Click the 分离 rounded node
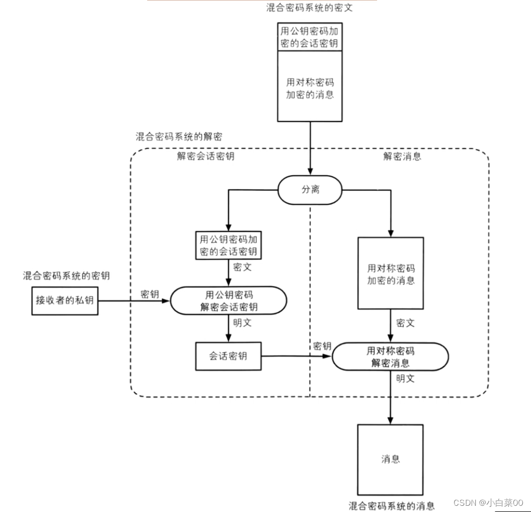[x=310, y=190]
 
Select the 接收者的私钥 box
[x=64, y=301]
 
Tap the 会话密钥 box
[x=228, y=356]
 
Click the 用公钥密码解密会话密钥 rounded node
[x=229, y=301]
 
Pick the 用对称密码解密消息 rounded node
[x=390, y=357]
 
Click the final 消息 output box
[x=390, y=460]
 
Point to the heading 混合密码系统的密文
[x=309, y=7]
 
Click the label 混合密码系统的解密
[x=179, y=136]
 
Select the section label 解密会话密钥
[x=205, y=156]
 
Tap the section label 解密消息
[x=403, y=156]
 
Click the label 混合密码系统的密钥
[x=67, y=276]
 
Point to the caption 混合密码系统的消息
[x=392, y=506]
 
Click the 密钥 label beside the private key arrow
[x=150, y=294]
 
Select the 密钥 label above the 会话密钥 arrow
[x=322, y=346]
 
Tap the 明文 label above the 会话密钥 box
[x=242, y=322]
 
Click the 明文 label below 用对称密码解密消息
[x=405, y=379]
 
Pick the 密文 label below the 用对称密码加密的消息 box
[x=405, y=323]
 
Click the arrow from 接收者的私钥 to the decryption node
[x=134, y=301]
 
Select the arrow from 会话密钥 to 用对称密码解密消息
[x=296, y=356]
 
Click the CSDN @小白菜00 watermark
[x=488, y=502]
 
